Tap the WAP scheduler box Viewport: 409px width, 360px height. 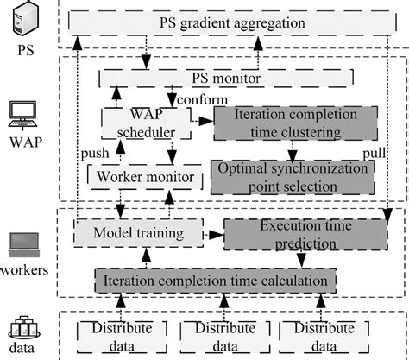[143, 123]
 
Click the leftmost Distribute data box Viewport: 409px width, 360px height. [116, 335]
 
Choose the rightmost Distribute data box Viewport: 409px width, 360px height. [324, 335]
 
